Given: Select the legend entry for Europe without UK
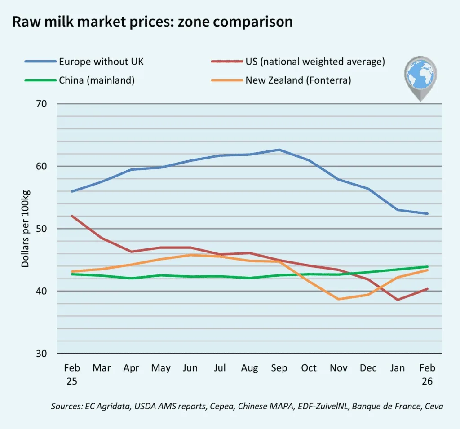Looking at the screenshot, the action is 84,62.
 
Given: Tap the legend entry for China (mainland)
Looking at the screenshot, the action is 80,80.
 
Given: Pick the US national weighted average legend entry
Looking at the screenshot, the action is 298,62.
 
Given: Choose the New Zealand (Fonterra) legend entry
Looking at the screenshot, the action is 281,80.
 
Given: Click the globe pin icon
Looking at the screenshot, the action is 420,78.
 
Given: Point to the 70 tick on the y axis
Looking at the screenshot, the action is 41,104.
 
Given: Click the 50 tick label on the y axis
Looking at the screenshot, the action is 41,229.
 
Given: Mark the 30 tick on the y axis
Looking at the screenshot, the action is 41,354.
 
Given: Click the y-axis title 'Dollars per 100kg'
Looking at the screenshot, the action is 25,229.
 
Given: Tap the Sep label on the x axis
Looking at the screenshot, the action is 279,368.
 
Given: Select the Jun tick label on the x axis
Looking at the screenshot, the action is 190,368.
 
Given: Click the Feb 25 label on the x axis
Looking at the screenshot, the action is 72,375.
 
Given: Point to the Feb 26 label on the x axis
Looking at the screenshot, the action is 427,375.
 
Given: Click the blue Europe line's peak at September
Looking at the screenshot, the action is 279,150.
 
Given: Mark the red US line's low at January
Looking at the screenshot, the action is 398,300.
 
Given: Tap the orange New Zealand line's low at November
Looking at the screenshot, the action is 339,299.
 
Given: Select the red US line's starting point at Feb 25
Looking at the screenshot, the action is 72,216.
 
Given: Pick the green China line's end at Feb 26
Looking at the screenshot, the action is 428,267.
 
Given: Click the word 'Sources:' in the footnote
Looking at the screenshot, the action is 66,407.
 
